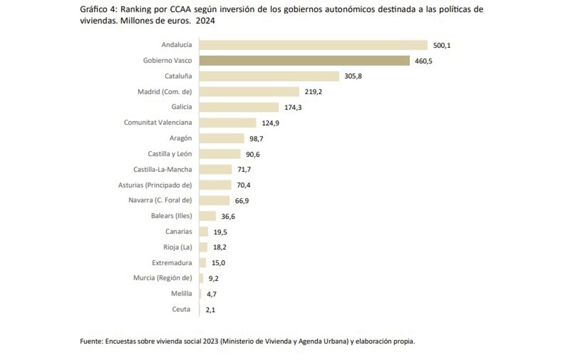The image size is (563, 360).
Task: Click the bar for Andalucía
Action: (x=313, y=45)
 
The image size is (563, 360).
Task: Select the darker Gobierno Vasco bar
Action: (x=304, y=61)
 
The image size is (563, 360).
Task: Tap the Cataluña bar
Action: (x=269, y=76)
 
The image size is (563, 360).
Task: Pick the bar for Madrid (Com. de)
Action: (x=249, y=92)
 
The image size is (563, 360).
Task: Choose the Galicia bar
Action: (x=239, y=107)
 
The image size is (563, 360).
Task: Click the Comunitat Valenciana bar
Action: (x=228, y=123)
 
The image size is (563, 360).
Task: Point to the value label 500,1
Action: (x=442, y=46)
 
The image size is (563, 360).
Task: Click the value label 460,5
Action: (x=423, y=61)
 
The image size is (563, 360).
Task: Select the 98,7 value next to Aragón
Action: (x=257, y=138)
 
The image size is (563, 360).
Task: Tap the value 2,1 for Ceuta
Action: (x=210, y=309)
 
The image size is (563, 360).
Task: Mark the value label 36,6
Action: (x=228, y=216)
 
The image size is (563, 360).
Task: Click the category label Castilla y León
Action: (x=170, y=153)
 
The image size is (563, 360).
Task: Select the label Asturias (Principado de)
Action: (x=155, y=185)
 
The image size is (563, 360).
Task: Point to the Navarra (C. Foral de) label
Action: (x=160, y=200)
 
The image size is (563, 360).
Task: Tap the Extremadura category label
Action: (x=172, y=263)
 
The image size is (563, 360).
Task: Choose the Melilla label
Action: (x=182, y=294)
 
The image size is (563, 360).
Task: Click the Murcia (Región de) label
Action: (x=162, y=278)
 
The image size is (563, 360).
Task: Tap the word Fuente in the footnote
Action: (x=90, y=342)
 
